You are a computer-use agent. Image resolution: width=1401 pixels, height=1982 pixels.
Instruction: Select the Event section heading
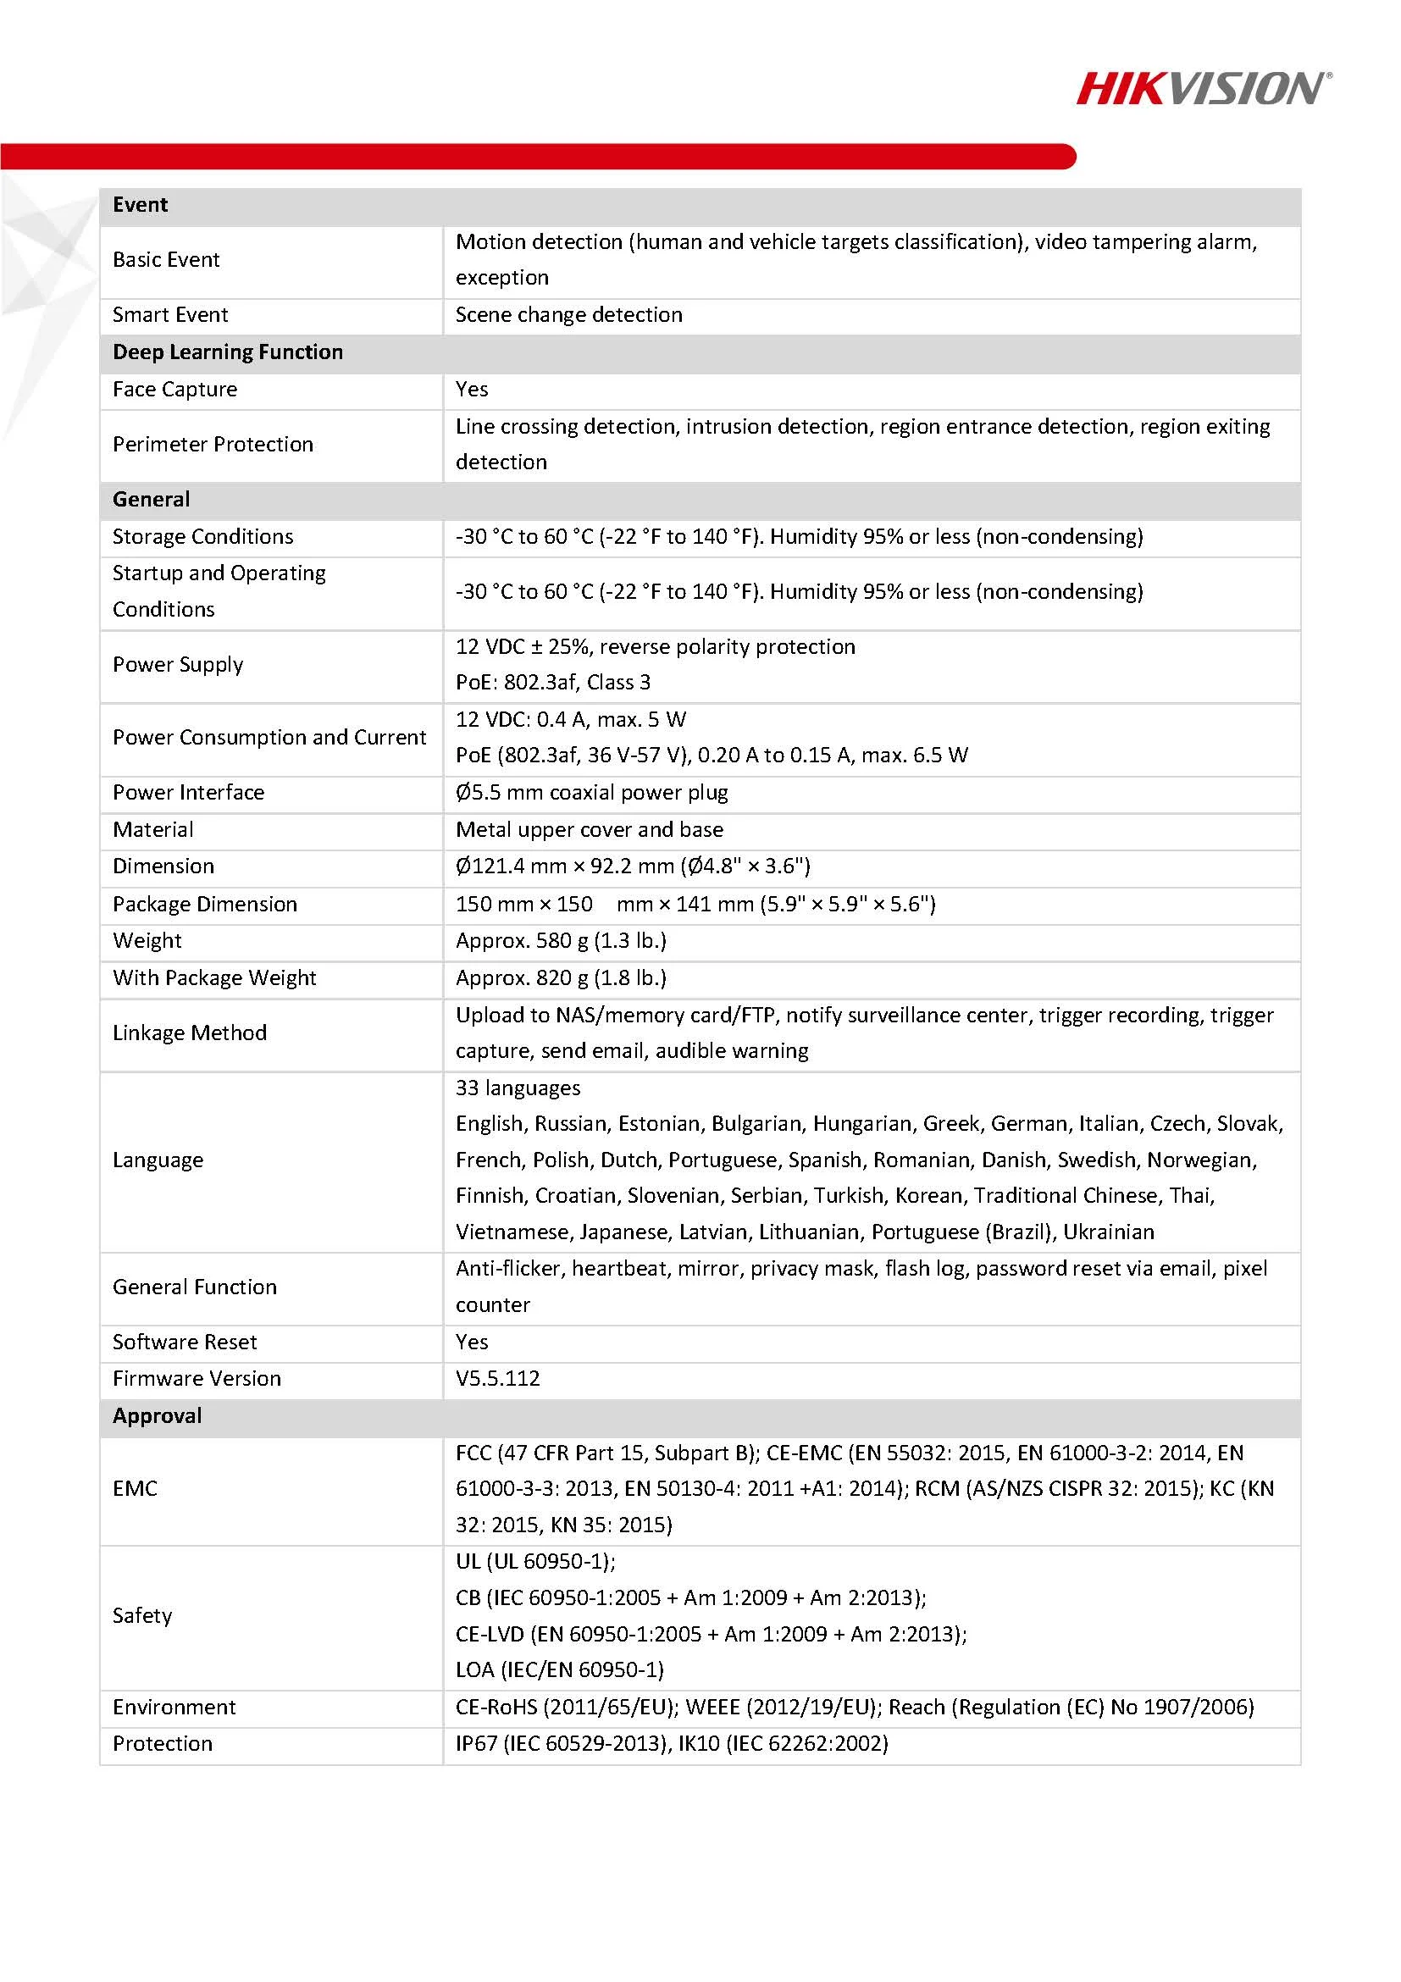[x=140, y=205]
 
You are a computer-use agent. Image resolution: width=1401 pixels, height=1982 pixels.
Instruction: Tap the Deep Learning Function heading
[x=227, y=352]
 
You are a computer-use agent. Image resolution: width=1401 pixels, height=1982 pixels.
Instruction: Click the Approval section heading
[x=157, y=1415]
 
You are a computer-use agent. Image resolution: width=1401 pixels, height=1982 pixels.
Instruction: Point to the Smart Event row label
[x=170, y=314]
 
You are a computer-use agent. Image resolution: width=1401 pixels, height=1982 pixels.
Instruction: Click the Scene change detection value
[x=568, y=314]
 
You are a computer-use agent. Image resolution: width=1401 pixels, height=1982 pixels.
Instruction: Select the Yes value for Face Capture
[x=471, y=389]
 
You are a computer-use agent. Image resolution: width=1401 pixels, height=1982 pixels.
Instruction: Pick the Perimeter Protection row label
[x=213, y=444]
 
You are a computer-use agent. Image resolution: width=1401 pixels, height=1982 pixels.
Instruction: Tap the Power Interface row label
[x=188, y=792]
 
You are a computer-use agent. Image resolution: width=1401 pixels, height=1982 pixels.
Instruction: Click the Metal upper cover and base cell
[x=589, y=828]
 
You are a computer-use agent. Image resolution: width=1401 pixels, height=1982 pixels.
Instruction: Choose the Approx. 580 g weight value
[x=560, y=940]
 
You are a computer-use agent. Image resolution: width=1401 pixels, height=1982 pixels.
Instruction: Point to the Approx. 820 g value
[x=560, y=977]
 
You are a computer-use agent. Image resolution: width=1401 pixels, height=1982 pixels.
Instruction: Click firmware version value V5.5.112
[x=497, y=1378]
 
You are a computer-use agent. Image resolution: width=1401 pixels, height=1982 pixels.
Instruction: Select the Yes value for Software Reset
[x=471, y=1342]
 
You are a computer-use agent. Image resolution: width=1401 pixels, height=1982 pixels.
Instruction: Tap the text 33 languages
[x=517, y=1088]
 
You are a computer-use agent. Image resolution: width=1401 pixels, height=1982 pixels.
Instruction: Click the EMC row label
[x=135, y=1488]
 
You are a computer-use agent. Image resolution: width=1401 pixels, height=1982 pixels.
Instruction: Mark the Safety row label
[x=141, y=1615]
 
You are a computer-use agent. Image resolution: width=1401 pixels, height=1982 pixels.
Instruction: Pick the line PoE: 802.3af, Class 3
[x=552, y=682]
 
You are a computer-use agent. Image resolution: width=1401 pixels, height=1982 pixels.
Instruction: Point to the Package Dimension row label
[x=205, y=904]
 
